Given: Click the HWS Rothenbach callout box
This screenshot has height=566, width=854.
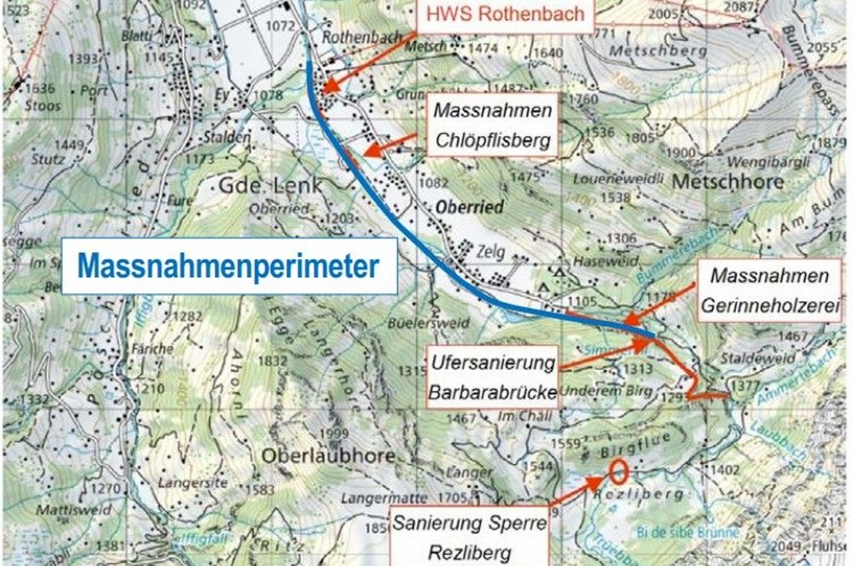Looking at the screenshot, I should pos(504,14).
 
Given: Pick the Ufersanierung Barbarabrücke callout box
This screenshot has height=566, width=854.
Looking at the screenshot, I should pos(492,377).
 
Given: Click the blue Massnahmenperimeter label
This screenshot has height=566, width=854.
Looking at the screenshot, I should pos(229,266).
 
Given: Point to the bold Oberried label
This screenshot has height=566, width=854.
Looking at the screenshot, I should pos(470,207).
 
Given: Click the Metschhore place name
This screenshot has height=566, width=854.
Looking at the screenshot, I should pos(729,180).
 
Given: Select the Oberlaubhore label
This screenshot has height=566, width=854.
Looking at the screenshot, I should pos(328,456).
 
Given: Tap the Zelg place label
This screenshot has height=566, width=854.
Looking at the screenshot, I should pos(490,253).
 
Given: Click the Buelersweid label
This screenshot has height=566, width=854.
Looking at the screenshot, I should pos(414,324).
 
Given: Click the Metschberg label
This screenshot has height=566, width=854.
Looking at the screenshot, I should pos(657,51).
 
